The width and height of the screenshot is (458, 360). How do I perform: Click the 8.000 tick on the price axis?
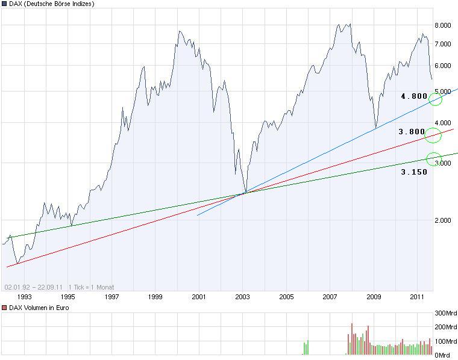point(443,25)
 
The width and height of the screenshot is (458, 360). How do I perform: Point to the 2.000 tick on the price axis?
point(443,220)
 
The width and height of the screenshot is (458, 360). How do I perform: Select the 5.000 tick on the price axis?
point(443,92)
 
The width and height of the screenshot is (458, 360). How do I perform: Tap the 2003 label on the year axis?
point(242,297)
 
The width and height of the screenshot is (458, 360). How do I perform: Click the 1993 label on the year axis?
point(25,297)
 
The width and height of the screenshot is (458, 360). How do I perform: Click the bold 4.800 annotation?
point(414,96)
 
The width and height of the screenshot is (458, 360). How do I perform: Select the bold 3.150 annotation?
point(414,172)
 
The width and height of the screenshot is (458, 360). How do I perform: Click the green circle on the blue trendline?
point(435,99)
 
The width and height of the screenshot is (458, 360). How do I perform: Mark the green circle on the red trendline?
point(433,136)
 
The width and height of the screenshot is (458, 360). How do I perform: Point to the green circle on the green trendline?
point(433,159)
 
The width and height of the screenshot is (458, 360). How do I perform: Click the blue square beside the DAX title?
point(4,4)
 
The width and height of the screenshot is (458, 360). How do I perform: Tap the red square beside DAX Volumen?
point(4,308)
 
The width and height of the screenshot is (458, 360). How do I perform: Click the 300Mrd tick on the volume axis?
point(445,314)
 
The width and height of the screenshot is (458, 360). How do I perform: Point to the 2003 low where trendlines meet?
point(245,193)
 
